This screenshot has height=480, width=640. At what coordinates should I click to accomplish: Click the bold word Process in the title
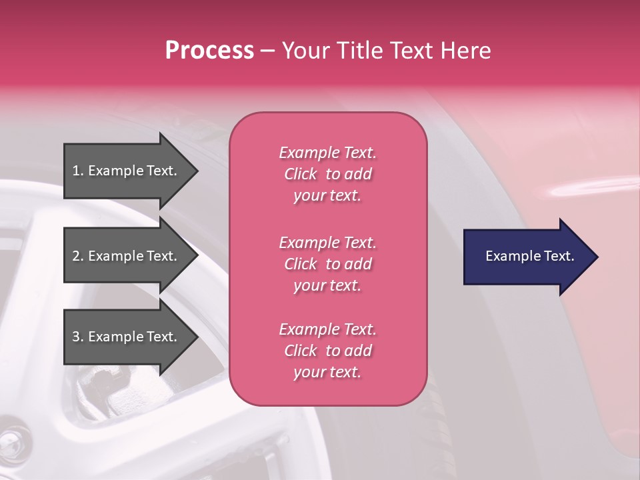point(209,51)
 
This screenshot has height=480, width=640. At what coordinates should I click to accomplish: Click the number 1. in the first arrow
point(78,171)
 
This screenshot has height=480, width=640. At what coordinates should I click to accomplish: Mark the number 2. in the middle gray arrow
point(78,256)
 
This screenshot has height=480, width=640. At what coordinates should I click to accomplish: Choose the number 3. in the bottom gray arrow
point(78,337)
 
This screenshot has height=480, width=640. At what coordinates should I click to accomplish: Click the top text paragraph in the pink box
point(327,174)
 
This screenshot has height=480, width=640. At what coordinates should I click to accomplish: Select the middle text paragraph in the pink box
point(327,264)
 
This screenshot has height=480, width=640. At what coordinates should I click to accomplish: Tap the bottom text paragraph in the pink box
point(327,351)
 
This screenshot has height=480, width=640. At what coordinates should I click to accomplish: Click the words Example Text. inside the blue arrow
point(529,256)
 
